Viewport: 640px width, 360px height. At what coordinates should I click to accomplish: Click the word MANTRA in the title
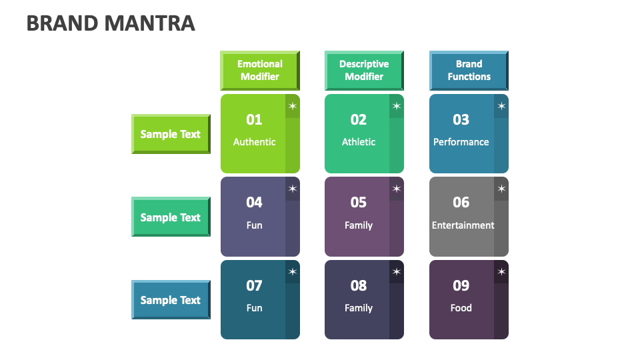[150, 23]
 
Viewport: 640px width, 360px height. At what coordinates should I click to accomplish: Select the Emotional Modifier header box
[260, 70]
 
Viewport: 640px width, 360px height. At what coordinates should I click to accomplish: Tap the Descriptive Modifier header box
[364, 70]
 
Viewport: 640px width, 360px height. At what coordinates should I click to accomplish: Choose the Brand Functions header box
[469, 70]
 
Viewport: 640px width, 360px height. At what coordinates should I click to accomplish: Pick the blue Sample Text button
[171, 300]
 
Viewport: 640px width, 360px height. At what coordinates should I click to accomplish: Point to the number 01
[254, 120]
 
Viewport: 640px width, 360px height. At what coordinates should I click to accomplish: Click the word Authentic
[254, 142]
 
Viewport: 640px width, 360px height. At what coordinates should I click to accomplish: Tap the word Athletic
[359, 142]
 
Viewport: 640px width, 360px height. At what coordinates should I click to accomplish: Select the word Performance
[461, 142]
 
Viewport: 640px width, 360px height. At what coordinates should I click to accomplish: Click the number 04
[254, 203]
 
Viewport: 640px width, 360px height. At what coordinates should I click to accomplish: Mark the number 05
[359, 203]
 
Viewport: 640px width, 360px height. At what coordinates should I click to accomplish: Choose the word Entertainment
[463, 225]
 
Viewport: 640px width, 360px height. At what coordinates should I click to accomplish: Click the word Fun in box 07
[254, 308]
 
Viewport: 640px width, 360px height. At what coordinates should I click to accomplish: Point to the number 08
[359, 286]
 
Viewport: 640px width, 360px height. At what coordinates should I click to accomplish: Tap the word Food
[461, 308]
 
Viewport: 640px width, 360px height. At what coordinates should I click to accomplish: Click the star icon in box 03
[501, 106]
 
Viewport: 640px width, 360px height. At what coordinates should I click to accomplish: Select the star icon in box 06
[501, 189]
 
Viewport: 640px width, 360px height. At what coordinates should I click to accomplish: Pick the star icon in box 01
[293, 106]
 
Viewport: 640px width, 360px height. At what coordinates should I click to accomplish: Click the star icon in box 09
[501, 271]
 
